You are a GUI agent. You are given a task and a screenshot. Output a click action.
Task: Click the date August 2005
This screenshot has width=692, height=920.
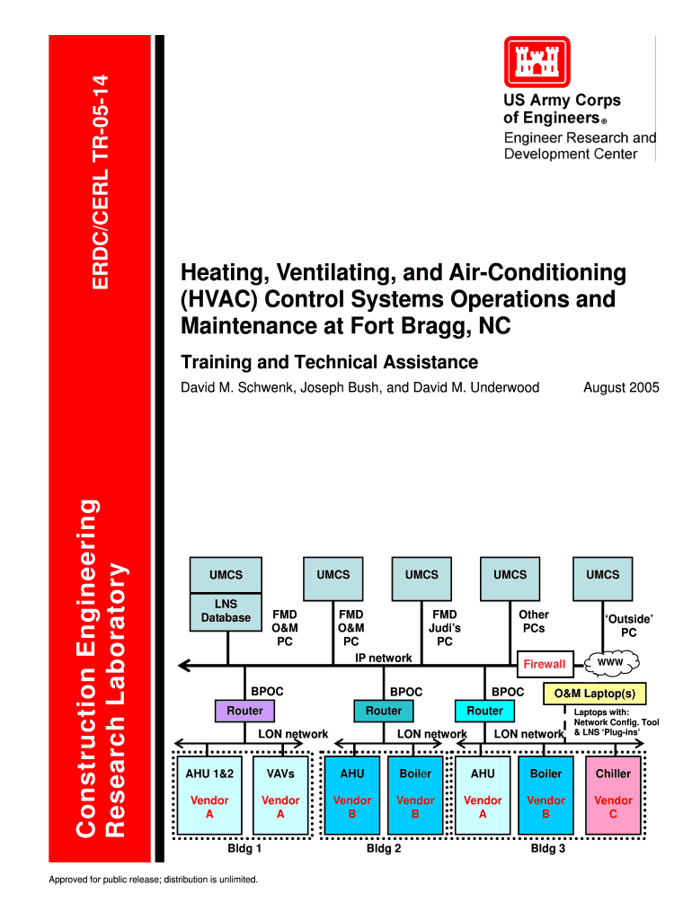tap(621, 388)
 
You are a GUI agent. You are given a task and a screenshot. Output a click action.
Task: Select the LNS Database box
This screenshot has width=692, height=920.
tap(225, 611)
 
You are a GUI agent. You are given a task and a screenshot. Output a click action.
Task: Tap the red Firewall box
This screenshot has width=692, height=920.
tap(545, 664)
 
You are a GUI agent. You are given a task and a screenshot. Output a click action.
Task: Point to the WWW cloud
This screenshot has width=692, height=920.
tap(610, 663)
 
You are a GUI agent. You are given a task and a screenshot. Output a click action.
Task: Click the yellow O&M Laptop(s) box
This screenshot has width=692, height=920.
tap(594, 694)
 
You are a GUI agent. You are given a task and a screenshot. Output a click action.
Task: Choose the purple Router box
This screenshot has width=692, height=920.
tap(244, 711)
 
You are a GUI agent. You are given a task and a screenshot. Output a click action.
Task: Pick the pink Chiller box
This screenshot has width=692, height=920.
tap(613, 796)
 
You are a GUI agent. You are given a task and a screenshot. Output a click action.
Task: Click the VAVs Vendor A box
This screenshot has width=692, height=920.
tap(280, 796)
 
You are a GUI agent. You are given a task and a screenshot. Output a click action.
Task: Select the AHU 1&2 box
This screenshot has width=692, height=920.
tap(209, 796)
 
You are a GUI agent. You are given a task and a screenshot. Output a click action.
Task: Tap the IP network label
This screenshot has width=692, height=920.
tap(384, 658)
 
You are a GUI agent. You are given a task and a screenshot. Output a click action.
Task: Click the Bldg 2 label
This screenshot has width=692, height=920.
tap(384, 847)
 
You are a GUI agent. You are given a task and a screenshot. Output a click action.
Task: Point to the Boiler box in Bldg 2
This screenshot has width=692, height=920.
tap(415, 796)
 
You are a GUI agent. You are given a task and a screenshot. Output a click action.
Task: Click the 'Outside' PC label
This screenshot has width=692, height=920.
tap(628, 626)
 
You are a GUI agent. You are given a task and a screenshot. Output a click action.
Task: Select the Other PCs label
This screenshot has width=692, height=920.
tap(534, 621)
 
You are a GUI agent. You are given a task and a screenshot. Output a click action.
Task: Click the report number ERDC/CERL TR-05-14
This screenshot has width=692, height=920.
tap(102, 181)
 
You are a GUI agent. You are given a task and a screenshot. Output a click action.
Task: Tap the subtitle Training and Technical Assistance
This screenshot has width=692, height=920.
tap(330, 362)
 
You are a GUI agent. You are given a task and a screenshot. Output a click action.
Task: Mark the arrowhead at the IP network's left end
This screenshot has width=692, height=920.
tap(185, 666)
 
